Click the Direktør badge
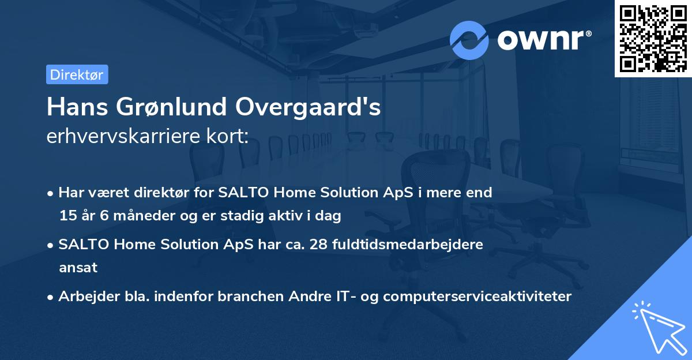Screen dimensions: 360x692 pyautogui.click(x=77, y=74)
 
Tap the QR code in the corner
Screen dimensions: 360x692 pyautogui.click(x=653, y=38)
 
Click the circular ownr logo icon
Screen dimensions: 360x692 pyautogui.click(x=469, y=40)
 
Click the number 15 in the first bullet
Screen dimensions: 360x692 pyautogui.click(x=67, y=216)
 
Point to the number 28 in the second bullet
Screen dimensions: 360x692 pyautogui.click(x=319, y=245)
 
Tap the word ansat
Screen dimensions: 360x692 pyautogui.click(x=78, y=268)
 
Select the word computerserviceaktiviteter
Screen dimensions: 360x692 pyautogui.click(x=477, y=297)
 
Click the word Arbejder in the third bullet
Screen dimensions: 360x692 pyautogui.click(x=85, y=297)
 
